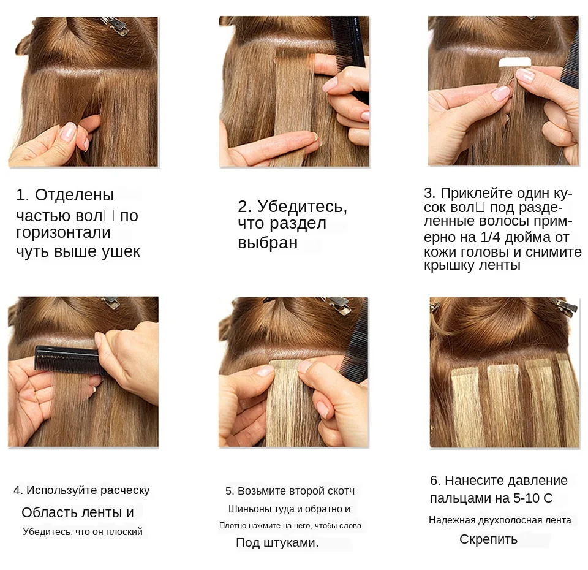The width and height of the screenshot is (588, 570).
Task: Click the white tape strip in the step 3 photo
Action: coord(514,62)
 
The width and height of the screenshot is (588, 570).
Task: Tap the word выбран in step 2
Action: coord(268,243)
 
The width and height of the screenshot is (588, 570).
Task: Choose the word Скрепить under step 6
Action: coord(488,539)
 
